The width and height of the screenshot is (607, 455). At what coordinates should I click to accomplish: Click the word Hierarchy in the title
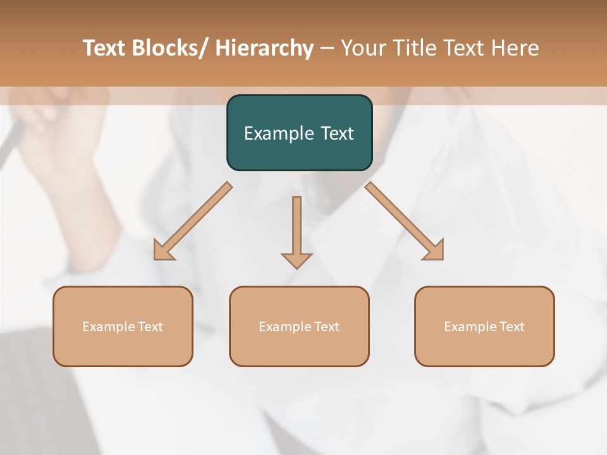[x=264, y=48]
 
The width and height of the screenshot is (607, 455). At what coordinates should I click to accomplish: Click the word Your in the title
[x=364, y=48]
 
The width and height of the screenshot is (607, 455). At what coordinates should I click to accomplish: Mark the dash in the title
[x=327, y=48]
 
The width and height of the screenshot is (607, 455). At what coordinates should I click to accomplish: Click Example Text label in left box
[x=122, y=327]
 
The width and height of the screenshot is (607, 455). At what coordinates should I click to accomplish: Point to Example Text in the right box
[x=484, y=327]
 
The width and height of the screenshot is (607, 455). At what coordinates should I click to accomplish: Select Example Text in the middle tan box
[x=299, y=327]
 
